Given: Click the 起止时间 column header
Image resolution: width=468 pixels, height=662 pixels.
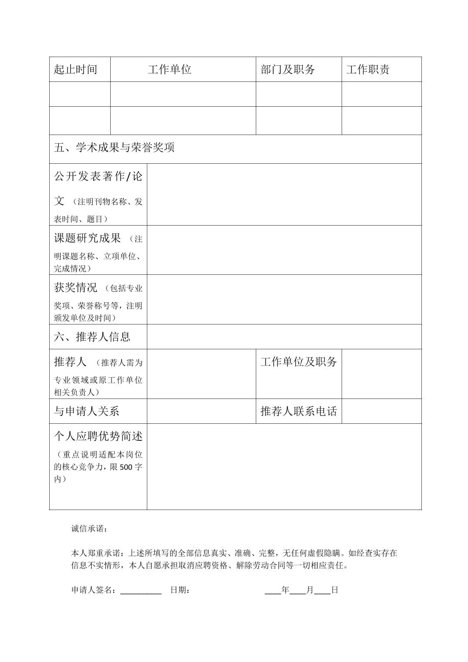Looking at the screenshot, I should coord(75,70).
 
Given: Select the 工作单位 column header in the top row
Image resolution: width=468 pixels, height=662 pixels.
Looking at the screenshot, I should coord(170,70).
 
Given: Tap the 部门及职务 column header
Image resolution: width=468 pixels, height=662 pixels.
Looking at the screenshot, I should coord(288,70).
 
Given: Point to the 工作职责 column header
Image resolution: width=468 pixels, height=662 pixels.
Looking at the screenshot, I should coord(368,70).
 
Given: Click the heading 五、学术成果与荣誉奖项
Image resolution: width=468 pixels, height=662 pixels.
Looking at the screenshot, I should coord(114,148).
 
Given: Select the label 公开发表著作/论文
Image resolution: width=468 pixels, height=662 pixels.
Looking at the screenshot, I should coord(98,177).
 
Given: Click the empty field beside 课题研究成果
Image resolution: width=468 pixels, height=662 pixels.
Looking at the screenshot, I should coord(284,250).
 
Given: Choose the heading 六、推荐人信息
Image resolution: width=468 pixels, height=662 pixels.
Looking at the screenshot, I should coord(92,337).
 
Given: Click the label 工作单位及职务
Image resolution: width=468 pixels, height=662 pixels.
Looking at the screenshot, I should coord(298,362).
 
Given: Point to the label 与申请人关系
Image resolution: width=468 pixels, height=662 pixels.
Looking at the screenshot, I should coord(86,412).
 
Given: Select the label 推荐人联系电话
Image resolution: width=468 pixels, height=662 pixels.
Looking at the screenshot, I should coord(298,412).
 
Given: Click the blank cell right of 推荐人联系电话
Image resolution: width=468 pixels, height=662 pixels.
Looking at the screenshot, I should coord(381,412).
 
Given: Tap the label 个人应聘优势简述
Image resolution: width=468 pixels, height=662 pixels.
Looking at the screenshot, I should coord(98,436).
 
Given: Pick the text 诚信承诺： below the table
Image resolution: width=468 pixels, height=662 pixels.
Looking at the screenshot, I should coord(89,529).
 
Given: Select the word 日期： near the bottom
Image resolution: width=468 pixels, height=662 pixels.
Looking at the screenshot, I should coord(180,591).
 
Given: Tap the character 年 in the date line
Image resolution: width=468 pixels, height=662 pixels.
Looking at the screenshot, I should coord(285,591).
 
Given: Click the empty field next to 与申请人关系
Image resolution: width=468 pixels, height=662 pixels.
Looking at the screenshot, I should coord(201,412).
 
